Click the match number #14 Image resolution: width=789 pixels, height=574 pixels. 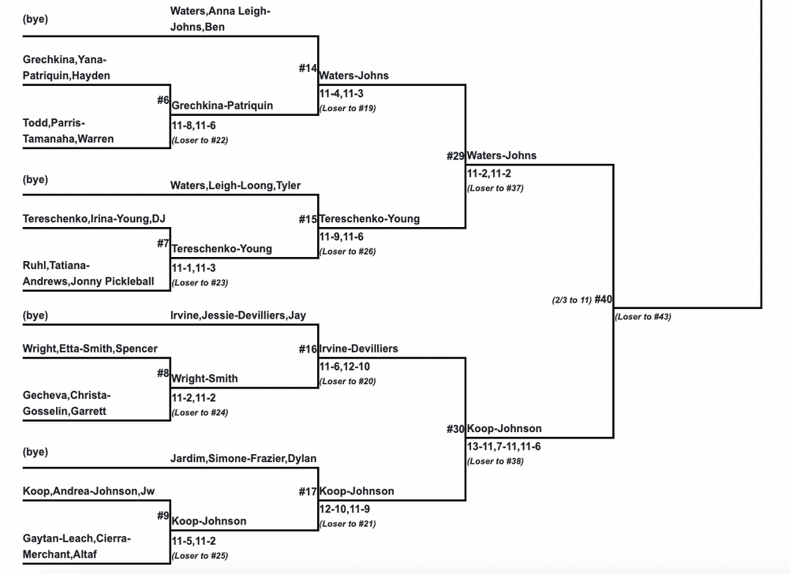coord(307,69)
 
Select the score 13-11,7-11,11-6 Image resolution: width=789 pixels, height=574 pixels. coord(503,446)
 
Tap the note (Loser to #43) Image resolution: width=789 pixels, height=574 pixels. coord(643,317)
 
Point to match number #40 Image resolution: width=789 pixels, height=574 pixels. coord(604,299)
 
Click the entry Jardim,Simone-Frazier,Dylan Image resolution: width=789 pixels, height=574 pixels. coord(243,459)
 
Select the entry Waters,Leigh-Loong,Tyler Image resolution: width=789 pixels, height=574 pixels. coord(235,186)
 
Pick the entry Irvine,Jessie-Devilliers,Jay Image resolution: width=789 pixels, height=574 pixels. coord(237,315)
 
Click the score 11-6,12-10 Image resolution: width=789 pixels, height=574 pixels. coord(344,367)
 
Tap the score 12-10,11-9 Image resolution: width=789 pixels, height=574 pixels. coord(344,509)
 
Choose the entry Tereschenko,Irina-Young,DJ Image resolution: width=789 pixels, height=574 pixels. coord(99,218)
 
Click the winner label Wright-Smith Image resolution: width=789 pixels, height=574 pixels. coord(204,378)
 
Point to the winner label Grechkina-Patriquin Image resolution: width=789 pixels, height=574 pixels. coord(222,106)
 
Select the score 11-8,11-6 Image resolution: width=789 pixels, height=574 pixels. coord(193,125)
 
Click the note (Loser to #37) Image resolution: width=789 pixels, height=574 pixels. coord(495,188)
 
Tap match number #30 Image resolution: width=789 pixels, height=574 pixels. coord(455,429)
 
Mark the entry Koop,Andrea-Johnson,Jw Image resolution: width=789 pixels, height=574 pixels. coord(88,491)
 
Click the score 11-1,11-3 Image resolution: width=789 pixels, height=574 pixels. coord(193,268)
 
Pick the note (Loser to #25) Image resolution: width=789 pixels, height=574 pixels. coord(200,555)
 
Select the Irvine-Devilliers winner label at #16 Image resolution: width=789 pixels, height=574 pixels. coord(358,348)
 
